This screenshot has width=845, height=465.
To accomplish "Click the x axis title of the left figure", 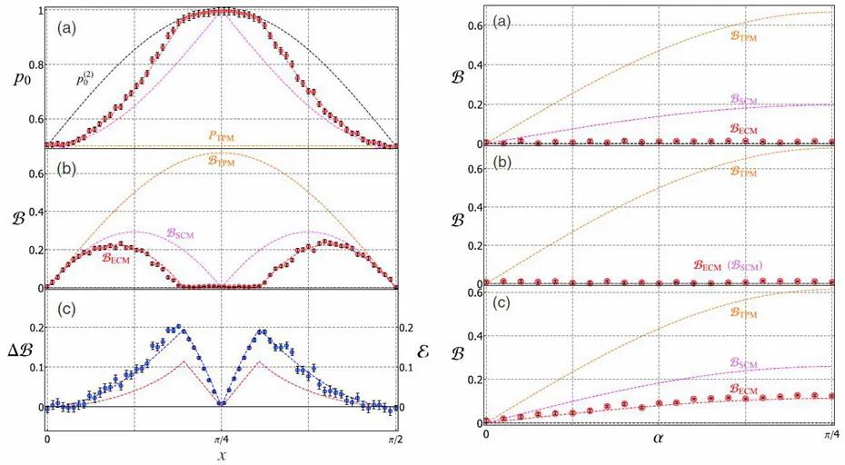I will [x=221, y=451].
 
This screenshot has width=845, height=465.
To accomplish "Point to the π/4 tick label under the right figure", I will [x=830, y=435].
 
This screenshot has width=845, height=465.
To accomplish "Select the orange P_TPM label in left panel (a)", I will [x=222, y=135].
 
